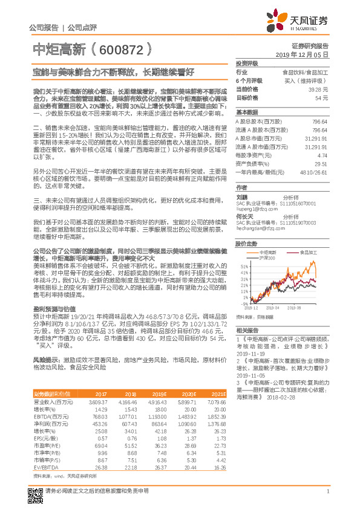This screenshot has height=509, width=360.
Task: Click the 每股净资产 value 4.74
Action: coord(322,155)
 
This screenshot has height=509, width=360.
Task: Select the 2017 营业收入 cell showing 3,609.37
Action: coord(98,401)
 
